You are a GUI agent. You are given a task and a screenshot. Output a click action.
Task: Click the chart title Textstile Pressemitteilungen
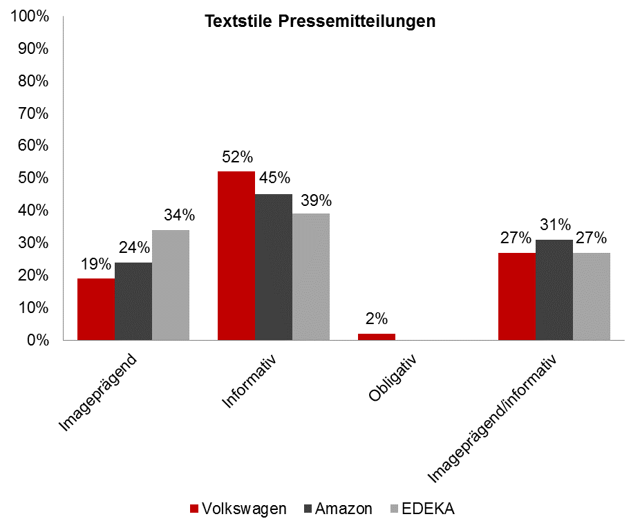coord(319,21)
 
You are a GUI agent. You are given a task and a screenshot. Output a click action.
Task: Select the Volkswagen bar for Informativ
coord(236,256)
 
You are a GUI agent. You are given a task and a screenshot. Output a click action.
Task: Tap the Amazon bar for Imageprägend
coord(133,301)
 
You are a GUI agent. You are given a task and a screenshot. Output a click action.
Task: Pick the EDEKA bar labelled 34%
coord(171,285)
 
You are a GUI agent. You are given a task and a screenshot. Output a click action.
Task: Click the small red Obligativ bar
coord(377,337)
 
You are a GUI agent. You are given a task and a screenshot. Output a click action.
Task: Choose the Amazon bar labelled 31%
coord(554,290)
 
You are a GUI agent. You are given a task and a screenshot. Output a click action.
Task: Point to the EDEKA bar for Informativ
coord(311,276)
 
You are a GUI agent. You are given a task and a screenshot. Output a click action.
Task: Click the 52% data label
coord(236,158)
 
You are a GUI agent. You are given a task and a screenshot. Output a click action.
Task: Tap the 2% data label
coord(377,319)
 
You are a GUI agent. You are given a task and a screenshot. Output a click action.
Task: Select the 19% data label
coord(96,264)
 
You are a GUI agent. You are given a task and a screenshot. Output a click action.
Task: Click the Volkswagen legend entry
coord(238,509)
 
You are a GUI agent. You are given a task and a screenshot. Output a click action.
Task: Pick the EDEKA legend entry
coord(423,509)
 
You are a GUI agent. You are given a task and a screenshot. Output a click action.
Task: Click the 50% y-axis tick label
coord(31,178)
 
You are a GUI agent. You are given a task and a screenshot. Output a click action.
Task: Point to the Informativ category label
coord(249,381)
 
